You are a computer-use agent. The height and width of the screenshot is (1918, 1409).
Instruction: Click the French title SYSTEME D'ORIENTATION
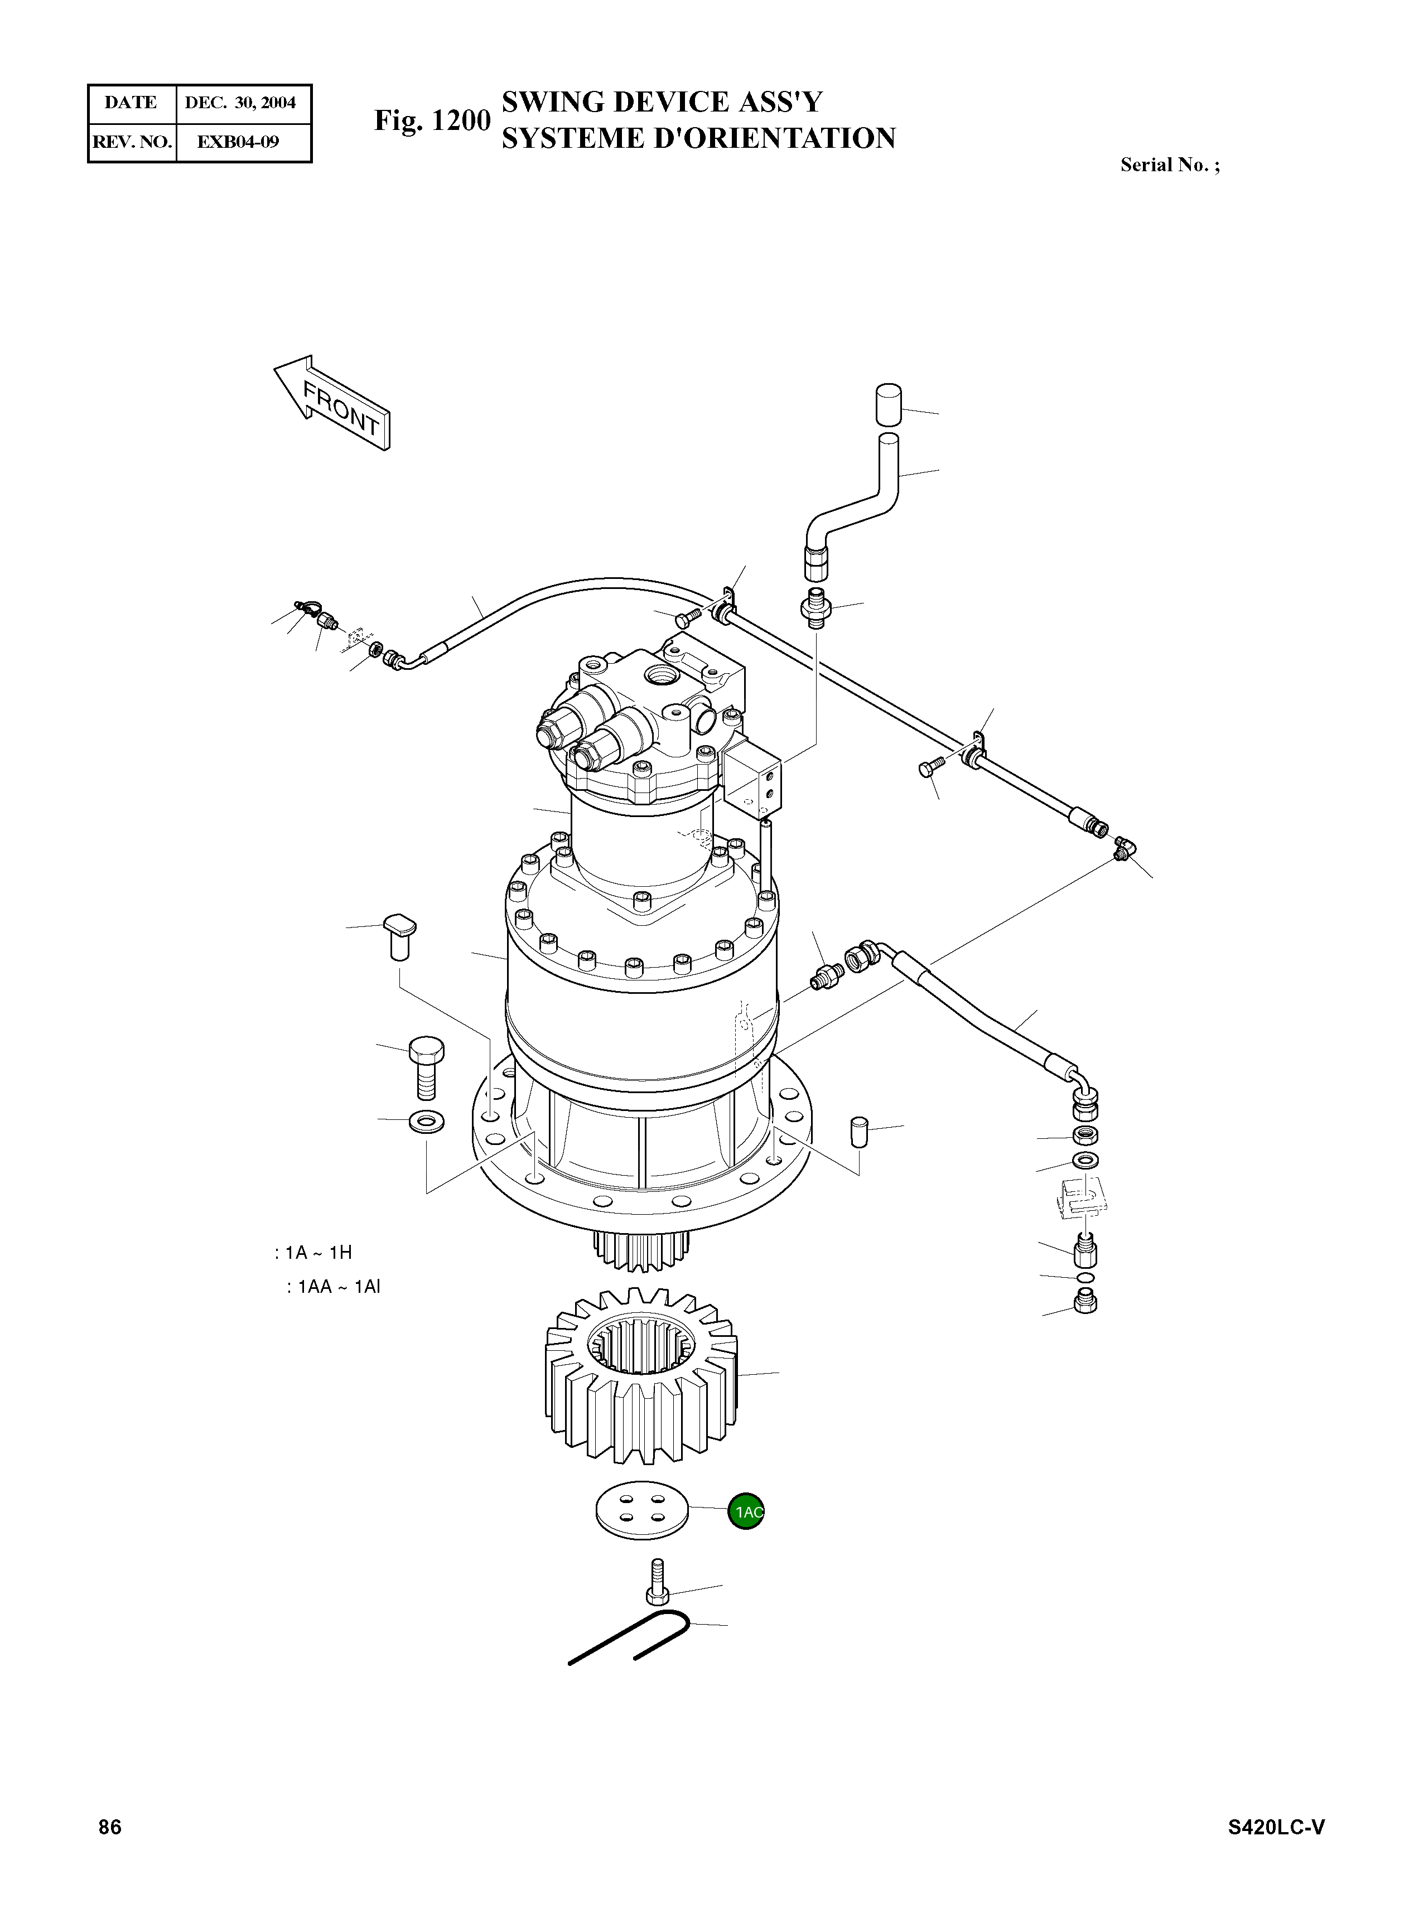point(698,139)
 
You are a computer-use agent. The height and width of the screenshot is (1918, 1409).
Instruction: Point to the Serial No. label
point(1169,166)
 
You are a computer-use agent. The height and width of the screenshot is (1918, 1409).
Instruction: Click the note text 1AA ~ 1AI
point(334,1287)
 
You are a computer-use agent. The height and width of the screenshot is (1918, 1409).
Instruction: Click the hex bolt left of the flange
point(423,1066)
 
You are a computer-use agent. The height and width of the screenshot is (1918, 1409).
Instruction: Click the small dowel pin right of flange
point(859,1133)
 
